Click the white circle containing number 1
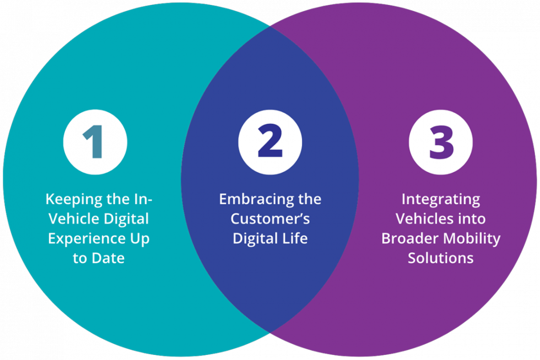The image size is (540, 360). tap(95, 142)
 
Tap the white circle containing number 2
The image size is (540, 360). tap(270, 142)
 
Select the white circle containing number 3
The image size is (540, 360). tap(441, 142)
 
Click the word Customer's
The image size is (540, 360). tap(270, 219)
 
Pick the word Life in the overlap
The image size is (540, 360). tap(295, 239)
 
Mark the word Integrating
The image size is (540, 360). tap(441, 199)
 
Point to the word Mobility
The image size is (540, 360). tap(468, 239)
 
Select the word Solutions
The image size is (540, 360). tap(441, 258)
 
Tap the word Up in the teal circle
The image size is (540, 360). tap(139, 239)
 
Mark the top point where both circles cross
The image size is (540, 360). tap(270, 26)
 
